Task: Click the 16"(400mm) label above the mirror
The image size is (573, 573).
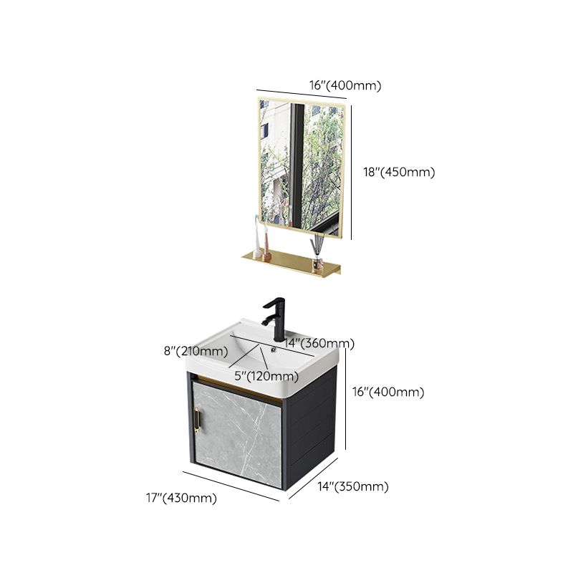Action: pyautogui.click(x=345, y=85)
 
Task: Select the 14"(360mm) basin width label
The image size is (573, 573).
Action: pyautogui.click(x=319, y=344)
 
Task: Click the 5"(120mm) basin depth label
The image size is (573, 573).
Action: pyautogui.click(x=265, y=376)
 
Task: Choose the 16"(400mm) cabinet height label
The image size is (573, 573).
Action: pyautogui.click(x=390, y=392)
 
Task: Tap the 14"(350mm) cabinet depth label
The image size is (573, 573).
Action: pyautogui.click(x=355, y=487)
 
